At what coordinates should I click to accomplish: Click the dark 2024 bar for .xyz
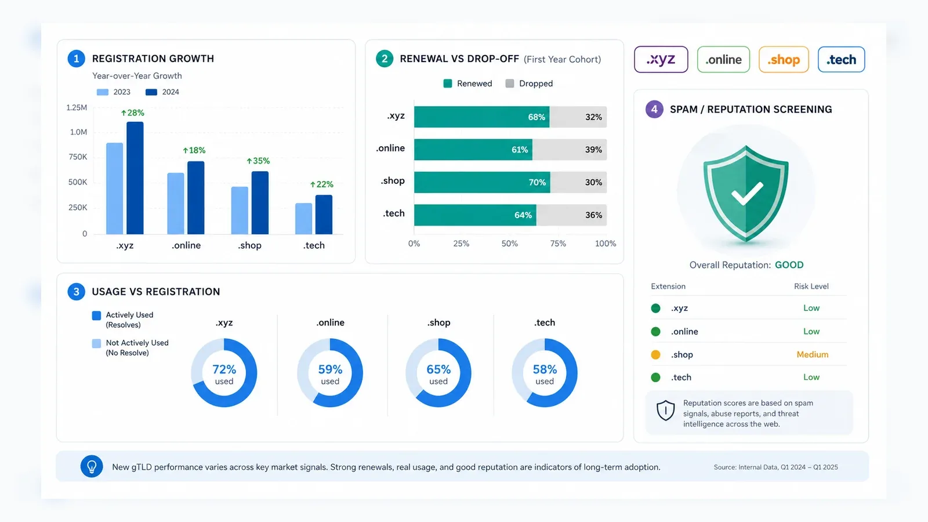pos(135,178)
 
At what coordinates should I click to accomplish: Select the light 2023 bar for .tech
pos(304,219)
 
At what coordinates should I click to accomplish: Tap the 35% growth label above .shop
pos(258,161)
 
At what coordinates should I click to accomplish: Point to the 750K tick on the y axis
pos(78,157)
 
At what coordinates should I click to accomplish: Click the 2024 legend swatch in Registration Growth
pos(151,92)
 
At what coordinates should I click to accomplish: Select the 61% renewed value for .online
pos(520,150)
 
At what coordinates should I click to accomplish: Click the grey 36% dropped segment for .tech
pos(572,215)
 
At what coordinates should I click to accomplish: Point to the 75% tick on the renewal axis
pos(558,244)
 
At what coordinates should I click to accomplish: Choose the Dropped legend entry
pos(530,84)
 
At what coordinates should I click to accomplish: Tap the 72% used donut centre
pos(224,374)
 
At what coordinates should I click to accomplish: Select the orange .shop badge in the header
pos(784,60)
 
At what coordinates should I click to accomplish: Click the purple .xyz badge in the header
pos(661,60)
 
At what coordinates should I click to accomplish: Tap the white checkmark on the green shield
pos(747,194)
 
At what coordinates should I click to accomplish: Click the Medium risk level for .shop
pos(813,354)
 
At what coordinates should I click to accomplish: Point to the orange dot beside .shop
pos(655,354)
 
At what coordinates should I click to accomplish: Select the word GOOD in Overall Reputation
pos(789,265)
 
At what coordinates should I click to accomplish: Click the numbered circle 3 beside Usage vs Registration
pos(76,292)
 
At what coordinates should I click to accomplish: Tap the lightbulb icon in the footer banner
pos(92,466)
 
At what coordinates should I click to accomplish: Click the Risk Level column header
pos(811,287)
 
